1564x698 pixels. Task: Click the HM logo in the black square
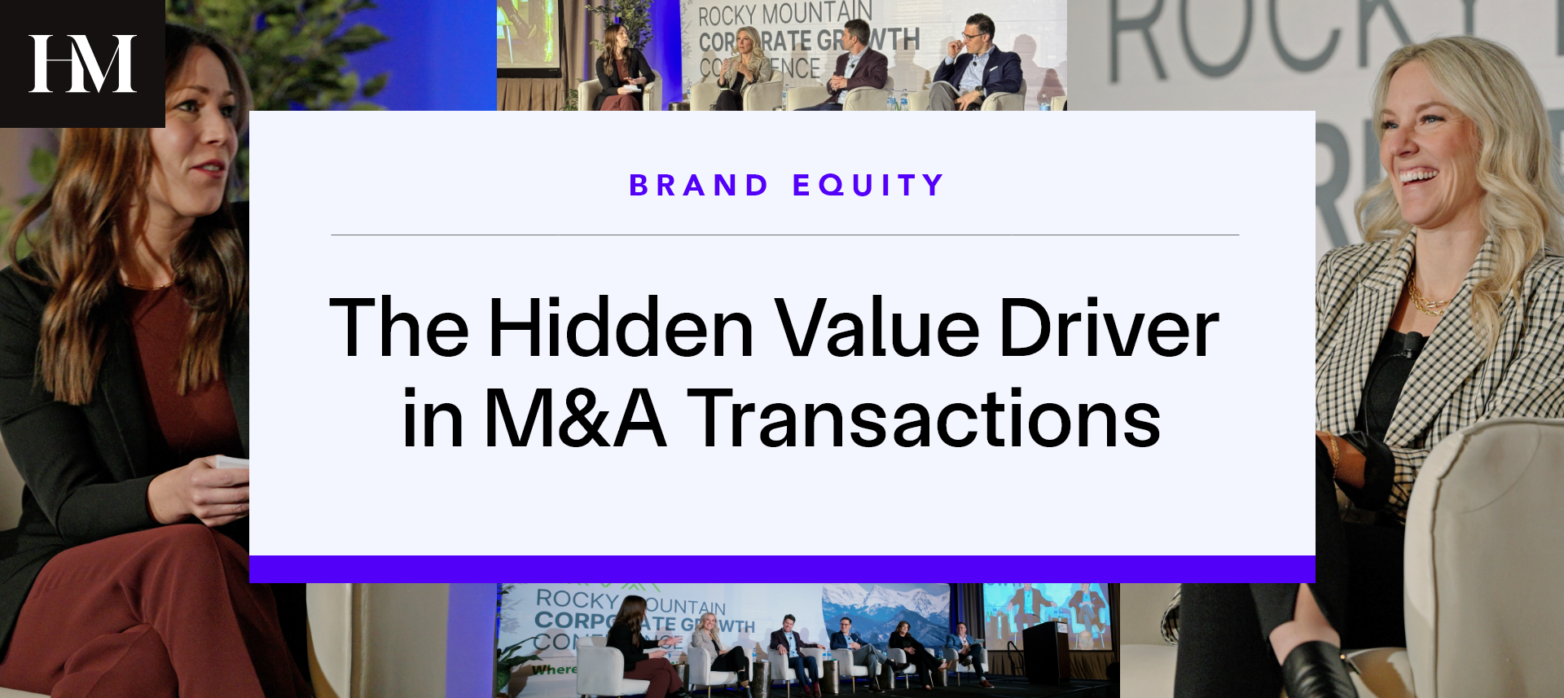[x=82, y=64]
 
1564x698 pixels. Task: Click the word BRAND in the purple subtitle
[x=699, y=186]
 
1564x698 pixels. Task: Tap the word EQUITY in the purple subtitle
[x=868, y=186]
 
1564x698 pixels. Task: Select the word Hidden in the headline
[x=622, y=328]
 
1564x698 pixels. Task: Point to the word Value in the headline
[x=876, y=328]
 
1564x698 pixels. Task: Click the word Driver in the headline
[x=1109, y=328]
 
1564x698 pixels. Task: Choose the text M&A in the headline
[x=575, y=419]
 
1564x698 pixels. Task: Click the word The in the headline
[x=399, y=328]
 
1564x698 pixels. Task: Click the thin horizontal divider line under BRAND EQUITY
[x=784, y=235]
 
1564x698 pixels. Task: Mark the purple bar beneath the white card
[x=782, y=568]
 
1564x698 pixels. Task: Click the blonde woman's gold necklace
[x=1426, y=298]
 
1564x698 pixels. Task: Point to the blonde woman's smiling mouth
[x=1418, y=175]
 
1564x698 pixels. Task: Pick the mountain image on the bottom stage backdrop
[x=884, y=607]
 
